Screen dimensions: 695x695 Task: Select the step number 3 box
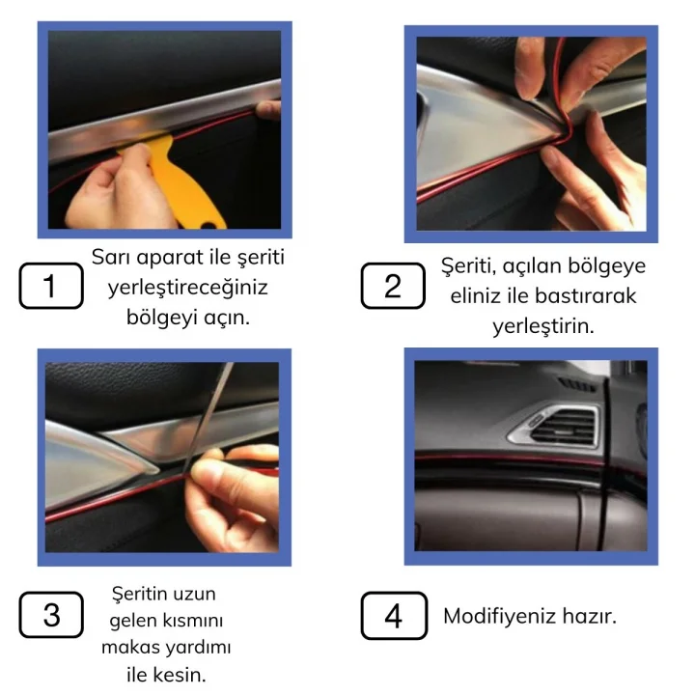[51, 615]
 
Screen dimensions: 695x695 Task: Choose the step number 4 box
[393, 615]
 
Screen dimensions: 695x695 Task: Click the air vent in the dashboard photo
[560, 424]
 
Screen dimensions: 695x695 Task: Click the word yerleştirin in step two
[542, 326]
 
